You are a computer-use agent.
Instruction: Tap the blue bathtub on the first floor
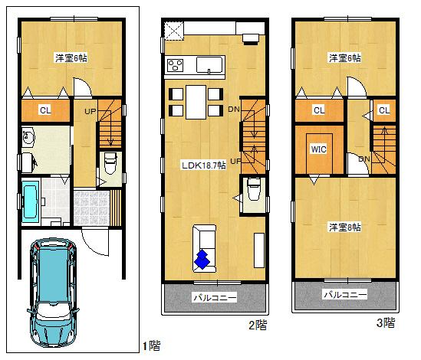pyautogui.click(x=33, y=200)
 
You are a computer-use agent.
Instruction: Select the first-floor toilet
pyautogui.click(x=109, y=164)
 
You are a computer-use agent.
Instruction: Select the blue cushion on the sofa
pyautogui.click(x=202, y=260)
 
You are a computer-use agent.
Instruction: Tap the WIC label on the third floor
pyautogui.click(x=318, y=149)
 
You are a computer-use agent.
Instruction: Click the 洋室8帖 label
pyautogui.click(x=344, y=227)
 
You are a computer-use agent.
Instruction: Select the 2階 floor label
pyautogui.click(x=257, y=325)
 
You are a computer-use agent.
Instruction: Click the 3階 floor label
pyautogui.click(x=386, y=322)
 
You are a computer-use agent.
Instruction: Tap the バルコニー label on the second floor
pyautogui.click(x=215, y=297)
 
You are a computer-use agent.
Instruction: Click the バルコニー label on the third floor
pyautogui.click(x=344, y=294)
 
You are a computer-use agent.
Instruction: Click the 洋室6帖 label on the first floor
pyautogui.click(x=70, y=57)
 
